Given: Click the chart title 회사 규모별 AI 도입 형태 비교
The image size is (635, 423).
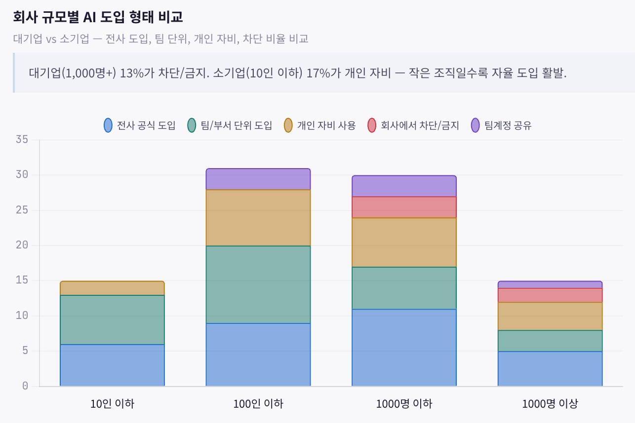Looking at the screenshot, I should (x=98, y=17).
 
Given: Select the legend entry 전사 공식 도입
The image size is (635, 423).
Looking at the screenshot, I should (x=140, y=125).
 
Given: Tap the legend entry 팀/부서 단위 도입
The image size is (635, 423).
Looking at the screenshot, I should (x=231, y=125).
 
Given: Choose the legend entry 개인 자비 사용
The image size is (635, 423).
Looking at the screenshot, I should (x=320, y=125).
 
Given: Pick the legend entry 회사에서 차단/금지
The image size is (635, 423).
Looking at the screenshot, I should (x=413, y=125).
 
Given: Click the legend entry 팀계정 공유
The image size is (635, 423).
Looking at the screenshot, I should (x=501, y=125).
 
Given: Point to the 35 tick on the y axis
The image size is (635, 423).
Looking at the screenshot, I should (x=22, y=140).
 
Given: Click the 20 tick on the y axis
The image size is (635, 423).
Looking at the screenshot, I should (x=22, y=245).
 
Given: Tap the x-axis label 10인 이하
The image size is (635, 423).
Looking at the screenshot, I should (x=112, y=404).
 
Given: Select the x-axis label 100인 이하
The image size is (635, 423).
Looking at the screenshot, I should (x=258, y=404).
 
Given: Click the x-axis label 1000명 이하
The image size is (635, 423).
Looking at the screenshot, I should (x=404, y=404).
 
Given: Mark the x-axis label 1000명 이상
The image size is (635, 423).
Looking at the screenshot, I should (x=550, y=404).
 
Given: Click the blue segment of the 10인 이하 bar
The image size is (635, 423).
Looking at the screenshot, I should (x=112, y=365).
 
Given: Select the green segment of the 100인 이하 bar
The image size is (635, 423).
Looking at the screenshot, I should (x=258, y=284).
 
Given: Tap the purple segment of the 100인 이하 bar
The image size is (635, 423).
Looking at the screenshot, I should (x=258, y=179).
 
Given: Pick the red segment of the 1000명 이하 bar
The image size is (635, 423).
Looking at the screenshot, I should (x=404, y=207).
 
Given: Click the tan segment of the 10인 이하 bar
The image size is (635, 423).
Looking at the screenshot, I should (x=112, y=288).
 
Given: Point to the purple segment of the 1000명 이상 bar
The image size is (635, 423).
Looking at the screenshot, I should (x=550, y=285).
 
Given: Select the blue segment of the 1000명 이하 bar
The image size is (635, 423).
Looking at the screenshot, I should (x=404, y=348).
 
